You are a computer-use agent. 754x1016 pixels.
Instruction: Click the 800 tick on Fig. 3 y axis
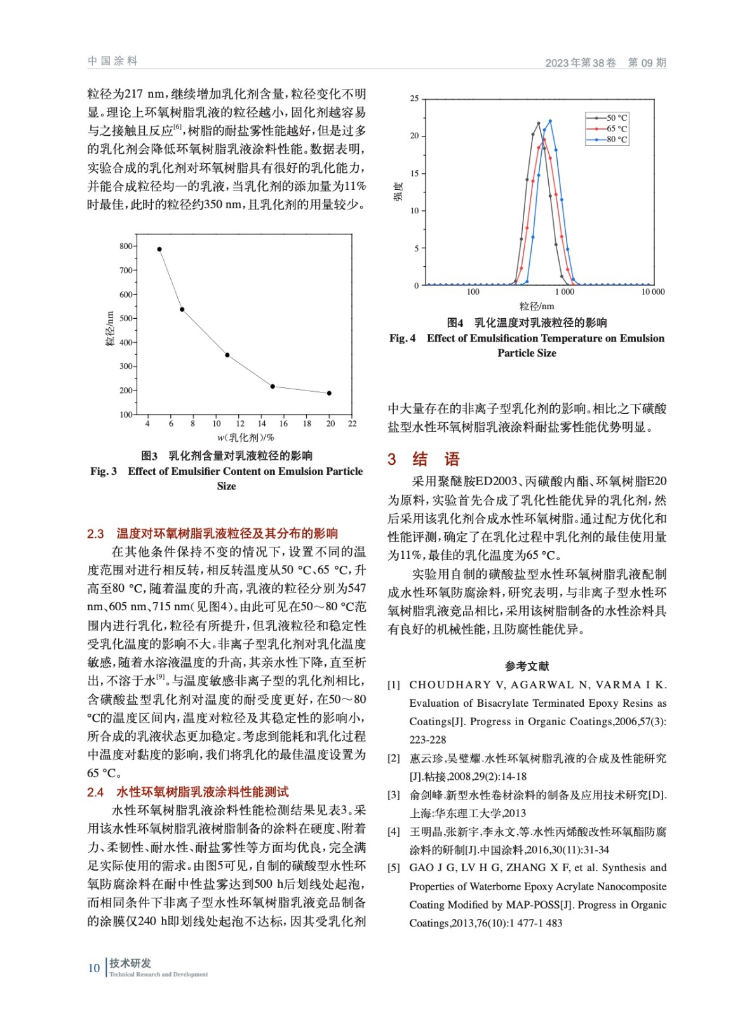point(126,246)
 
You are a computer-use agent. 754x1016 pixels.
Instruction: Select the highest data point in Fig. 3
point(159,250)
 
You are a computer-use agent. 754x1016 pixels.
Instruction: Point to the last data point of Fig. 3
point(329,394)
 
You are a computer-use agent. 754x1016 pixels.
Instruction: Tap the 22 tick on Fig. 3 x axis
point(353,424)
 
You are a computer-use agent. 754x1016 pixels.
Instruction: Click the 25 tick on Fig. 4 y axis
point(414,98)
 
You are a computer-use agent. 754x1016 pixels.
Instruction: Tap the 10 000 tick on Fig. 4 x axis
point(652,292)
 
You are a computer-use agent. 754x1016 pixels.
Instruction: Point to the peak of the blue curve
point(550,121)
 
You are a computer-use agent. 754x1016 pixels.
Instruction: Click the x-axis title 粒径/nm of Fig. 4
point(536,306)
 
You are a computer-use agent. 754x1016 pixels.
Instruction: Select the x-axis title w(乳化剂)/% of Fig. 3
point(245,438)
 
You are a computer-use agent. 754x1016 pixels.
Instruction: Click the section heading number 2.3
point(95,533)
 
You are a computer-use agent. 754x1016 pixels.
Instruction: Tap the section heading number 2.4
point(95,792)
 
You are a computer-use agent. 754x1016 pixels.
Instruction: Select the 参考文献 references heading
point(527,666)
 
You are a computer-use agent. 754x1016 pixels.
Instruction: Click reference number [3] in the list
point(394,795)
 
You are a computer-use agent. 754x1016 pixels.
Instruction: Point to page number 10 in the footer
point(94,968)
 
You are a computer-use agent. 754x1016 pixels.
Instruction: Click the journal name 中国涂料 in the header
point(112,61)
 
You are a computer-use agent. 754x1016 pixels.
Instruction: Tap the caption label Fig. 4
point(402,338)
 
